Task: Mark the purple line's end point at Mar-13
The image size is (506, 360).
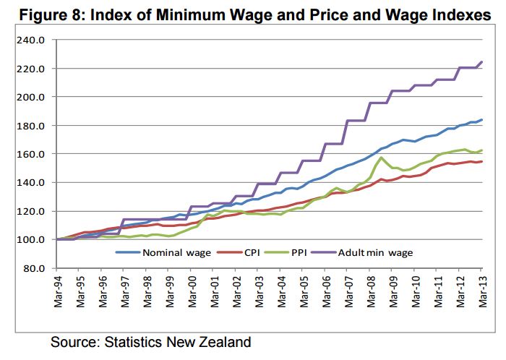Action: [482, 62]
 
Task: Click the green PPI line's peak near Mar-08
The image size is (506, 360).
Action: [381, 157]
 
